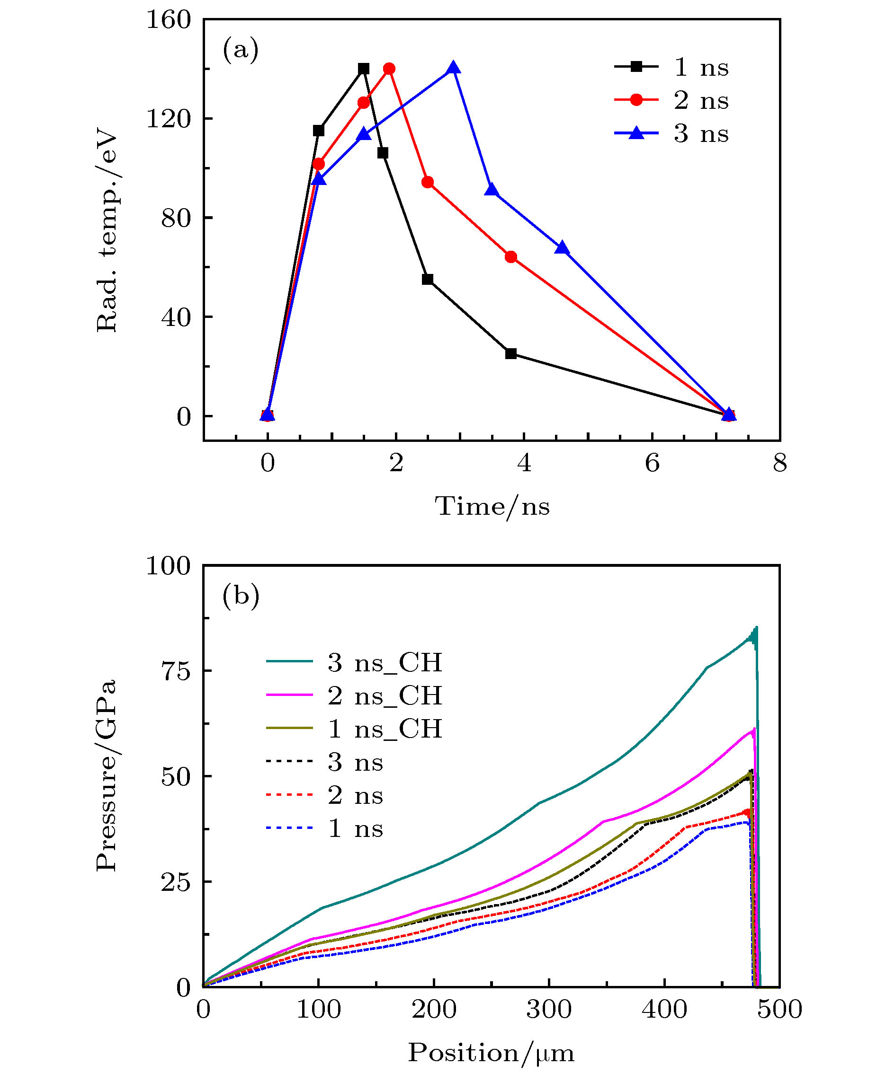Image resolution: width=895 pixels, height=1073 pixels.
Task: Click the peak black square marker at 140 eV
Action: coord(364,69)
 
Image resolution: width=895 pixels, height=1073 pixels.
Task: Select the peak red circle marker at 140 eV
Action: coord(389,69)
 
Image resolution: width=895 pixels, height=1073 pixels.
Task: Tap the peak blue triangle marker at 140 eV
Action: coord(453,68)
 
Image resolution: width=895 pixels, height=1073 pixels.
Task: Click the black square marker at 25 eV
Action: coord(511,353)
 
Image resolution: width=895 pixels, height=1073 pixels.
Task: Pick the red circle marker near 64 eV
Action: coord(511,257)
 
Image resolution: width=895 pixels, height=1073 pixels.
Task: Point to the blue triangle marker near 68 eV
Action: coord(562,248)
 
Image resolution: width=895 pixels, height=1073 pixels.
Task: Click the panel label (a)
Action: coord(241,50)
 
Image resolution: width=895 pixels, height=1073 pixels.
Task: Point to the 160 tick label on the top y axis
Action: coord(168,20)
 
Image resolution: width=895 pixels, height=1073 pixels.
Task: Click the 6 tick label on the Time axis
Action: coord(652,463)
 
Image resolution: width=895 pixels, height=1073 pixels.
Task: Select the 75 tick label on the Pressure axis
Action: coord(175,671)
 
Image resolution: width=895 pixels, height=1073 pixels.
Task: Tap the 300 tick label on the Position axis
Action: coord(549,1010)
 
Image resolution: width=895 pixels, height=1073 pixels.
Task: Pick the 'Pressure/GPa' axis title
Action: coord(107,775)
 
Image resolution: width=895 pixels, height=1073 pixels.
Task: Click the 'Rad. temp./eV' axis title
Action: coord(107,232)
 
